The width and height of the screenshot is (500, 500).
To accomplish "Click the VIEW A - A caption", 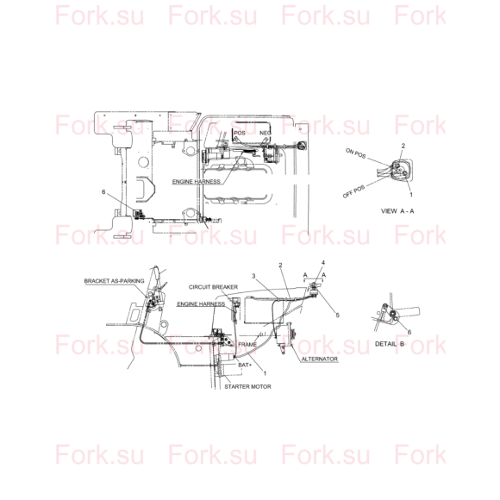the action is click(x=397, y=211).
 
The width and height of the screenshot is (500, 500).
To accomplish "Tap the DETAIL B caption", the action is click(x=390, y=344).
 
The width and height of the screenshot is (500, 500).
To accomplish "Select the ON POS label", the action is click(x=355, y=153).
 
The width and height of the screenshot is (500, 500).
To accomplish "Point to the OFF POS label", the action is click(x=353, y=191).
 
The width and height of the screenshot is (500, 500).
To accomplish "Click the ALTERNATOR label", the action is click(x=320, y=359).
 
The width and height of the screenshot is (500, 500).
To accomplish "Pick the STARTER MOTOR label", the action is click(x=247, y=386).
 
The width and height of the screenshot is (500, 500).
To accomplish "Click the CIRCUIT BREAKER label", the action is click(x=213, y=287).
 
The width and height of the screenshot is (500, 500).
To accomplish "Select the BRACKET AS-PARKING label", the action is click(x=114, y=281).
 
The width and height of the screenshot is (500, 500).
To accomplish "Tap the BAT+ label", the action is click(x=245, y=365).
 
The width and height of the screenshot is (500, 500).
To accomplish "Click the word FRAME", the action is click(x=247, y=344).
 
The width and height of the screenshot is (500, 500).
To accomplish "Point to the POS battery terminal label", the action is click(x=240, y=133).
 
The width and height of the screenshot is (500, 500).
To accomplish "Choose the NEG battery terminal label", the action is click(x=266, y=133).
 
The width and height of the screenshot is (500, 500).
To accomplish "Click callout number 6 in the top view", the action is click(x=103, y=191).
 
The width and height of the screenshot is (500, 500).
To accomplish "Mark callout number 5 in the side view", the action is click(x=337, y=315).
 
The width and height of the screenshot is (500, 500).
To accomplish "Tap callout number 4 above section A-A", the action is click(x=323, y=262).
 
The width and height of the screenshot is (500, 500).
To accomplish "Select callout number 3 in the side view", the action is click(x=253, y=276).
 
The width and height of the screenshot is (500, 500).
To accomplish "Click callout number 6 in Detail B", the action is click(x=409, y=332).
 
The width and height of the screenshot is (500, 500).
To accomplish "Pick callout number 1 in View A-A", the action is click(x=411, y=195).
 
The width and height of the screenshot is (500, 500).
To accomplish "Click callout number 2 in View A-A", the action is click(x=403, y=146).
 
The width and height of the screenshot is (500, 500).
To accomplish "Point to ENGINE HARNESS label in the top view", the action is click(x=196, y=181).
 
